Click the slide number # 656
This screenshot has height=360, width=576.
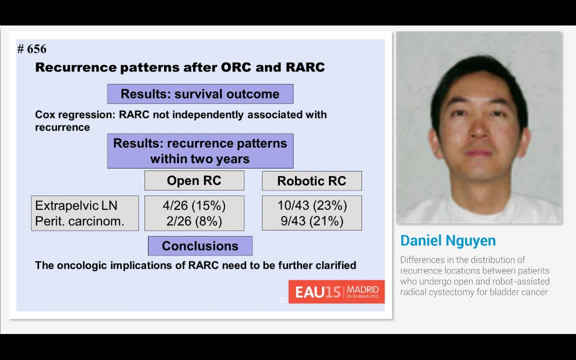click(x=31, y=49)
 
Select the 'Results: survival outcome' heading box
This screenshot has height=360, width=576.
click(x=200, y=94)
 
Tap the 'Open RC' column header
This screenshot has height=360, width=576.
click(x=194, y=180)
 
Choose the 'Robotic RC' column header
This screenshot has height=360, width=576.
click(x=311, y=181)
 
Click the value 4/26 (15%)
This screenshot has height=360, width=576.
click(x=194, y=205)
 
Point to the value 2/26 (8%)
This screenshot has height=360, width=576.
click(x=194, y=221)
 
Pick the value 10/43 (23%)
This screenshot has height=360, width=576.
click(x=312, y=205)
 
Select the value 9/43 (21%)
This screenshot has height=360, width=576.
click(x=312, y=221)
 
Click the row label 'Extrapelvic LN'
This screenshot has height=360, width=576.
click(x=76, y=205)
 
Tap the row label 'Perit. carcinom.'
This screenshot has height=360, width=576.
click(x=79, y=221)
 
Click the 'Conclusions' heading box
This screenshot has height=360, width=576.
click(x=200, y=246)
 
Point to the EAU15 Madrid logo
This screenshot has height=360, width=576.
click(x=336, y=291)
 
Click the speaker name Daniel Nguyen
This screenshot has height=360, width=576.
click(x=448, y=240)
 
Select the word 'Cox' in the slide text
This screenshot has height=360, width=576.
click(x=43, y=114)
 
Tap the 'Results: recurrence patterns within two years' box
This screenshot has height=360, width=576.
click(x=200, y=151)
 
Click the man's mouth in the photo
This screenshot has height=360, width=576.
click(x=478, y=152)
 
